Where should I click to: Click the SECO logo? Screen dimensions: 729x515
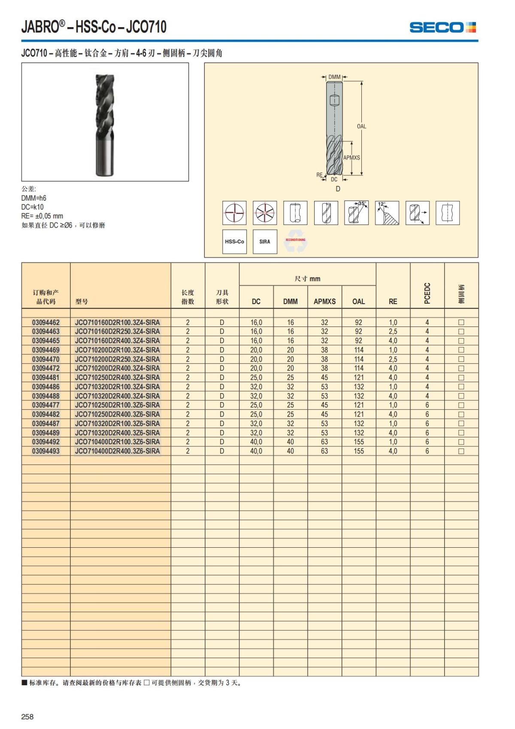(x=442, y=27)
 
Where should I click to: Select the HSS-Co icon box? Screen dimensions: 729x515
(x=234, y=241)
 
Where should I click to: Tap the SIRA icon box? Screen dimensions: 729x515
(x=265, y=241)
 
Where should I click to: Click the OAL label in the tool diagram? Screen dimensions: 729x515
(x=361, y=126)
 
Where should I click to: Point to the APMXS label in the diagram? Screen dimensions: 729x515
(x=351, y=158)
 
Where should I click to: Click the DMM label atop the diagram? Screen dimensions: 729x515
(x=334, y=77)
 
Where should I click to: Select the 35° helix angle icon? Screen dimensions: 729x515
(x=356, y=213)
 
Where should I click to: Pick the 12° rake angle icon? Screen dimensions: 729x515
(x=387, y=213)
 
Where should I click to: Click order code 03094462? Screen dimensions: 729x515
(x=46, y=322)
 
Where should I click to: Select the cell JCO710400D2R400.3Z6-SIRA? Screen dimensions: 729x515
(x=117, y=451)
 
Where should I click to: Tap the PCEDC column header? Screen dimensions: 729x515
(x=427, y=293)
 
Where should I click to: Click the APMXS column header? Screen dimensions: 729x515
(x=324, y=302)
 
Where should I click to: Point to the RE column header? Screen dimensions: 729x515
(x=393, y=302)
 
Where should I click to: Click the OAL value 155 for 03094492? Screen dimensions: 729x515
(x=359, y=442)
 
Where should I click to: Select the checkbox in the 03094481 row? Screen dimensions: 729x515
(x=461, y=378)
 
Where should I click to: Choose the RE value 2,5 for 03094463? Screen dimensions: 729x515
(x=393, y=332)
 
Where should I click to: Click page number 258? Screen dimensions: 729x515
(x=27, y=717)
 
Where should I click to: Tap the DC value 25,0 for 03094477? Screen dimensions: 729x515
(x=256, y=405)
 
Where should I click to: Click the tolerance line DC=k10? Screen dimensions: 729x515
(x=33, y=207)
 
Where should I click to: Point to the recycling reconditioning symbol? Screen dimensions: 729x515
(x=295, y=243)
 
